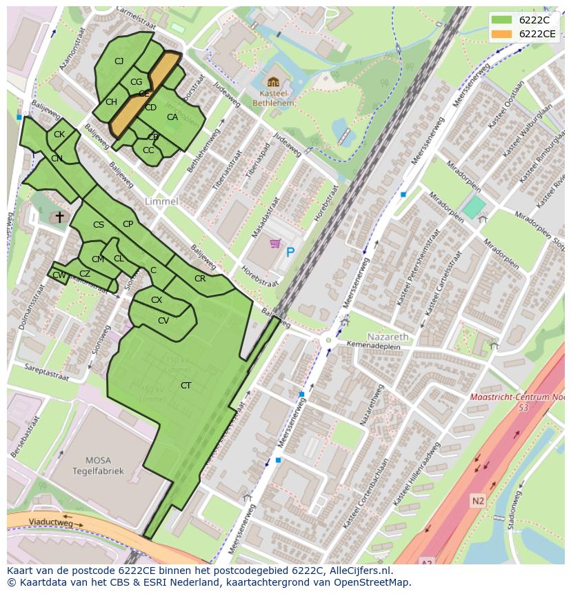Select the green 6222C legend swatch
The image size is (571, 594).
tap(501, 20)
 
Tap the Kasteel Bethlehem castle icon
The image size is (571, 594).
tap(273, 81)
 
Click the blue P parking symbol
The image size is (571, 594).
tap(290, 253)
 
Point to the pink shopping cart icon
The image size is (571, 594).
tap(275, 244)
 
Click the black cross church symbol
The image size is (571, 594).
tap(59, 217)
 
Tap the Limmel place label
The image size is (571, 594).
tap(161, 201)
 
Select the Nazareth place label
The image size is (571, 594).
tap(388, 336)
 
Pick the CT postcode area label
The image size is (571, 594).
tap(186, 385)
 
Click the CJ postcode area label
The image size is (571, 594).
tap(119, 61)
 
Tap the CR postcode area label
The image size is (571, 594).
tap(200, 279)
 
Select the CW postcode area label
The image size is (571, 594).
tap(59, 275)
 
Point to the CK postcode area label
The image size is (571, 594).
tap(59, 135)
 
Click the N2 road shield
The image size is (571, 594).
tap(479, 499)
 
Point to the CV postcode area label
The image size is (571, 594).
tap(163, 320)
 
